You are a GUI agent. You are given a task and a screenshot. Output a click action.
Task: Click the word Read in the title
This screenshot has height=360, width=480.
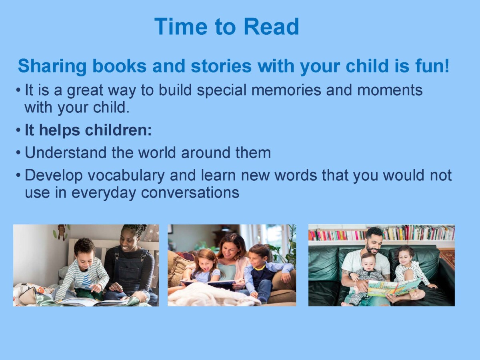click(x=271, y=26)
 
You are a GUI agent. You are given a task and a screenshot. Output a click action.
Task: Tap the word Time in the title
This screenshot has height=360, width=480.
click(x=181, y=26)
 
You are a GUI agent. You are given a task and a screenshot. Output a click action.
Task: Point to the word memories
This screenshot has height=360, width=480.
click(x=286, y=90)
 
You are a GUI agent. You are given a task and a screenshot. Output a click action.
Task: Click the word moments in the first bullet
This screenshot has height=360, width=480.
click(x=390, y=90)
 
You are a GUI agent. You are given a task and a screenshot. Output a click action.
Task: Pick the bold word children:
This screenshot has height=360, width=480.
click(x=118, y=130)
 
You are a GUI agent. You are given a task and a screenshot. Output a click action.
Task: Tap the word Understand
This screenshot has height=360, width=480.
click(x=66, y=152)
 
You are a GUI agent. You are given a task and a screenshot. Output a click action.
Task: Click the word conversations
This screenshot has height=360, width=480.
click(x=190, y=193)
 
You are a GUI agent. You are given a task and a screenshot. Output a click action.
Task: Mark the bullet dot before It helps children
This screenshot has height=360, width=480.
click(x=18, y=130)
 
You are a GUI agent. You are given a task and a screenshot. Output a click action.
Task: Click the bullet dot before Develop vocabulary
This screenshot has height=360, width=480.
click(x=18, y=176)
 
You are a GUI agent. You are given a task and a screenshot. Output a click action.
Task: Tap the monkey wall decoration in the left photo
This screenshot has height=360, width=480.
click(x=62, y=232)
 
